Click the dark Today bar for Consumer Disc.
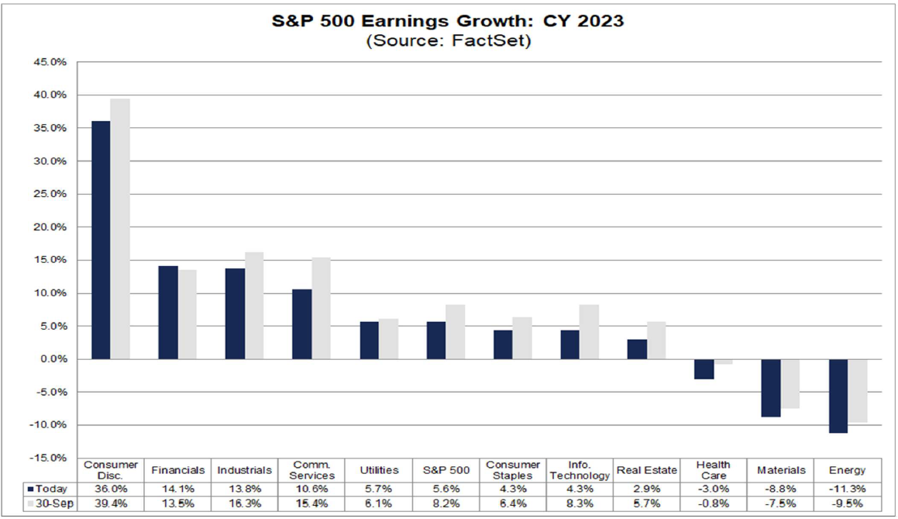click(x=101, y=240)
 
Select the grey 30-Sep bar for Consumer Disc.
click(x=120, y=229)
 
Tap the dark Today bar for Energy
click(x=839, y=396)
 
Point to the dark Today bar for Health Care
click(x=704, y=369)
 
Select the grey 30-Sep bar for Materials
click(x=790, y=383)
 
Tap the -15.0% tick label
click(x=50, y=458)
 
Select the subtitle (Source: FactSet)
click(x=448, y=41)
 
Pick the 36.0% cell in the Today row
click(x=111, y=490)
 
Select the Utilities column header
click(x=380, y=470)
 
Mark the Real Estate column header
click(x=646, y=470)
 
